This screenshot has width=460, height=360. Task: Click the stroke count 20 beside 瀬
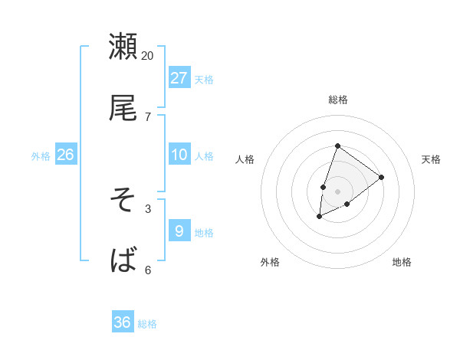pos(148,55)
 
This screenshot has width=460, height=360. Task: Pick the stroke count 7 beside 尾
pos(148,116)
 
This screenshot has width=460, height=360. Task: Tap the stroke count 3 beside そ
pos(148,208)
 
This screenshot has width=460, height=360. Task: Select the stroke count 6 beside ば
pos(148,270)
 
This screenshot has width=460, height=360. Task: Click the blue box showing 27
pos(179,78)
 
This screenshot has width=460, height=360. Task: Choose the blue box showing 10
pos(179,155)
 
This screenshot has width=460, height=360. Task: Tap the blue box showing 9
pos(179,231)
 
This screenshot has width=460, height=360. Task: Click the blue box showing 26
pos(65,155)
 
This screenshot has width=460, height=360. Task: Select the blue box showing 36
pos(123,322)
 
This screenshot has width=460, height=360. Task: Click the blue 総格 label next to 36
pos(147,324)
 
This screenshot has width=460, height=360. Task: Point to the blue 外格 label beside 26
pos(41,156)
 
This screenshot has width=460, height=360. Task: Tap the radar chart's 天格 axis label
pos(432,159)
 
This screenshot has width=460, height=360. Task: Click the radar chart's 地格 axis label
pos(402,262)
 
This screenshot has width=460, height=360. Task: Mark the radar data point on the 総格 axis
pos(337,146)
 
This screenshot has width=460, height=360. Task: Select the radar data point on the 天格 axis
pos(381,177)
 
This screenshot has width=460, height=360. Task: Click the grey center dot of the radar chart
pos(337,191)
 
